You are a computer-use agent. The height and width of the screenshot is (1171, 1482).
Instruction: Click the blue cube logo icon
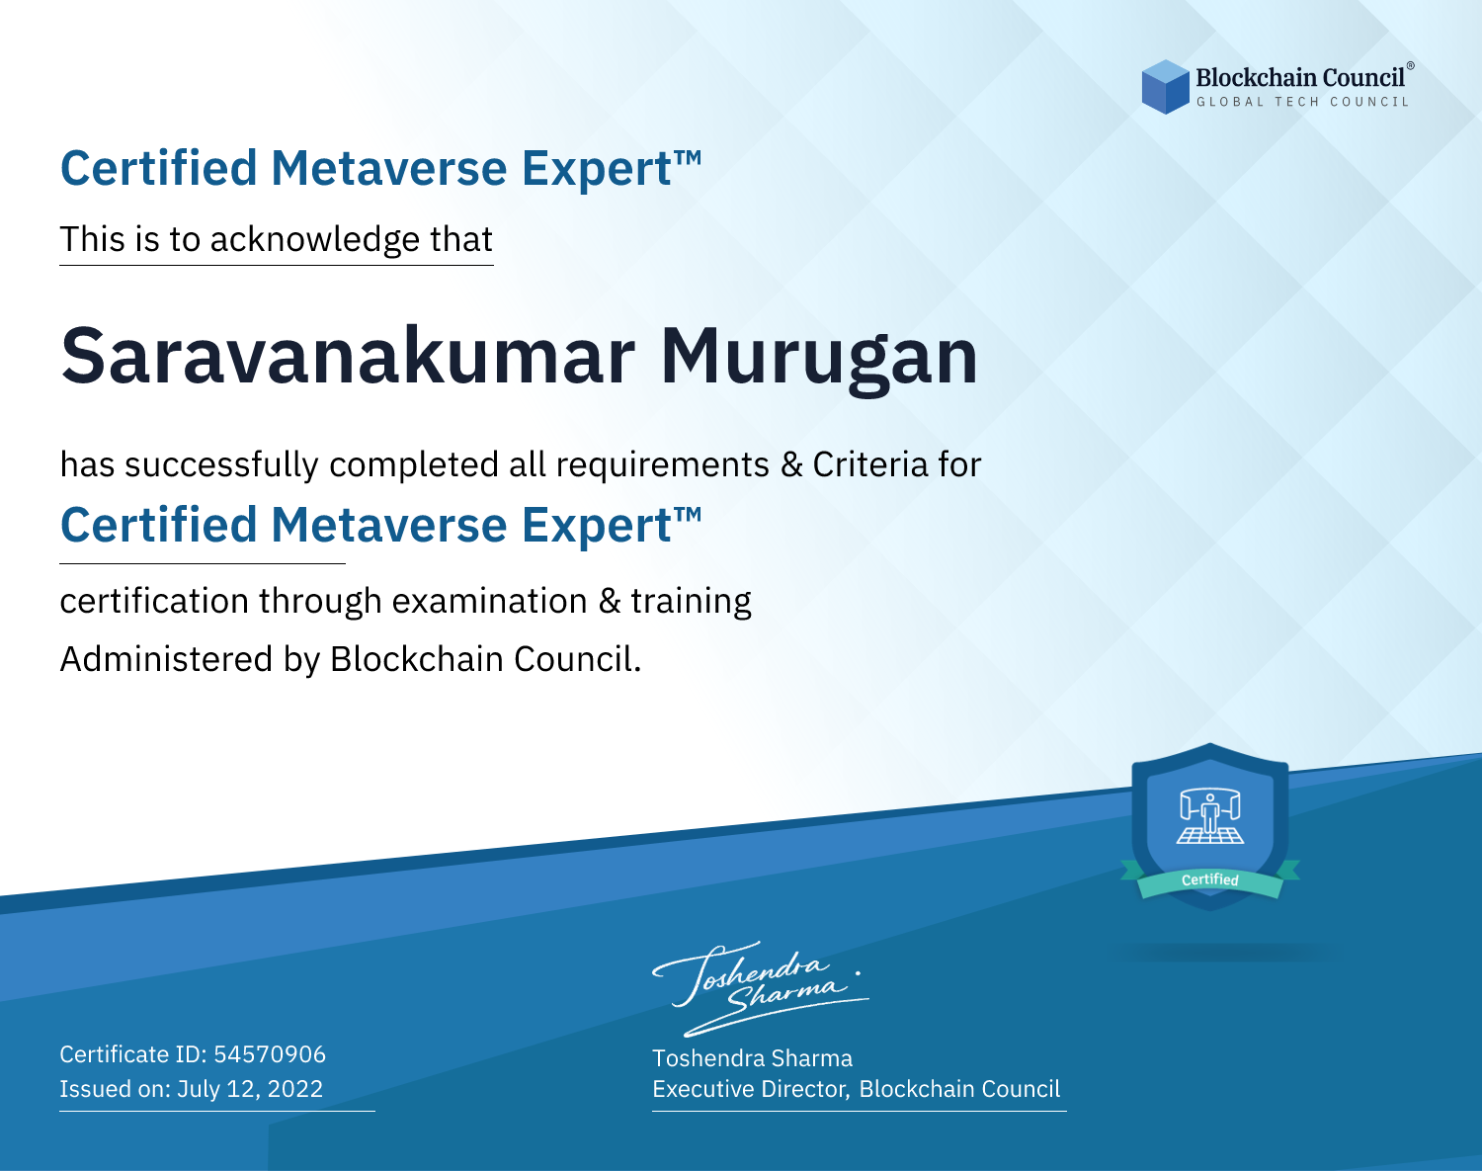(1165, 87)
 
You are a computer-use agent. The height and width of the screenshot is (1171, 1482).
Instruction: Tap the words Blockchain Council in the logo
(1300, 78)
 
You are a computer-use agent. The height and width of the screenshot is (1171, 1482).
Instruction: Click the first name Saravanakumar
(348, 356)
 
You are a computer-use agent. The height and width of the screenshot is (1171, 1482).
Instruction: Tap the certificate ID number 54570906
(270, 1053)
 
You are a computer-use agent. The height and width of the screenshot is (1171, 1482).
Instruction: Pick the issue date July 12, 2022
(249, 1088)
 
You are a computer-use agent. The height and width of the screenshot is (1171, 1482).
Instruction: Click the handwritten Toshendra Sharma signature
(761, 988)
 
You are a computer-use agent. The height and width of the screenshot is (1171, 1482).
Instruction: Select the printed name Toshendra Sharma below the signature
(752, 1058)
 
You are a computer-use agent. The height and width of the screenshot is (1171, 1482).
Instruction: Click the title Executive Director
(749, 1089)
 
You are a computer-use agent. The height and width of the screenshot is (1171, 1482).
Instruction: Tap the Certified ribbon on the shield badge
(1210, 879)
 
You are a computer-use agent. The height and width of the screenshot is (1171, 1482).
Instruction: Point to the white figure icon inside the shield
(1210, 815)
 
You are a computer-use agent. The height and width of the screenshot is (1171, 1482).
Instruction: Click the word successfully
(221, 465)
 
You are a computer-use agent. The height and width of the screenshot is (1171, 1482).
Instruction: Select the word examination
(489, 600)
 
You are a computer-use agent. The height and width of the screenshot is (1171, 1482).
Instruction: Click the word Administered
(166, 658)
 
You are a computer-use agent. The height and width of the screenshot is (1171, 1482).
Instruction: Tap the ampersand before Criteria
(791, 464)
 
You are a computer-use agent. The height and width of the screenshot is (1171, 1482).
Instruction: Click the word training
(691, 602)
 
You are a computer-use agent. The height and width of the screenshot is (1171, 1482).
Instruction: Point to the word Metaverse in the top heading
(388, 168)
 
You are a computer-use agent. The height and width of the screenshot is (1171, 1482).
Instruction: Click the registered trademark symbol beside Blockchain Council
(1410, 66)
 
